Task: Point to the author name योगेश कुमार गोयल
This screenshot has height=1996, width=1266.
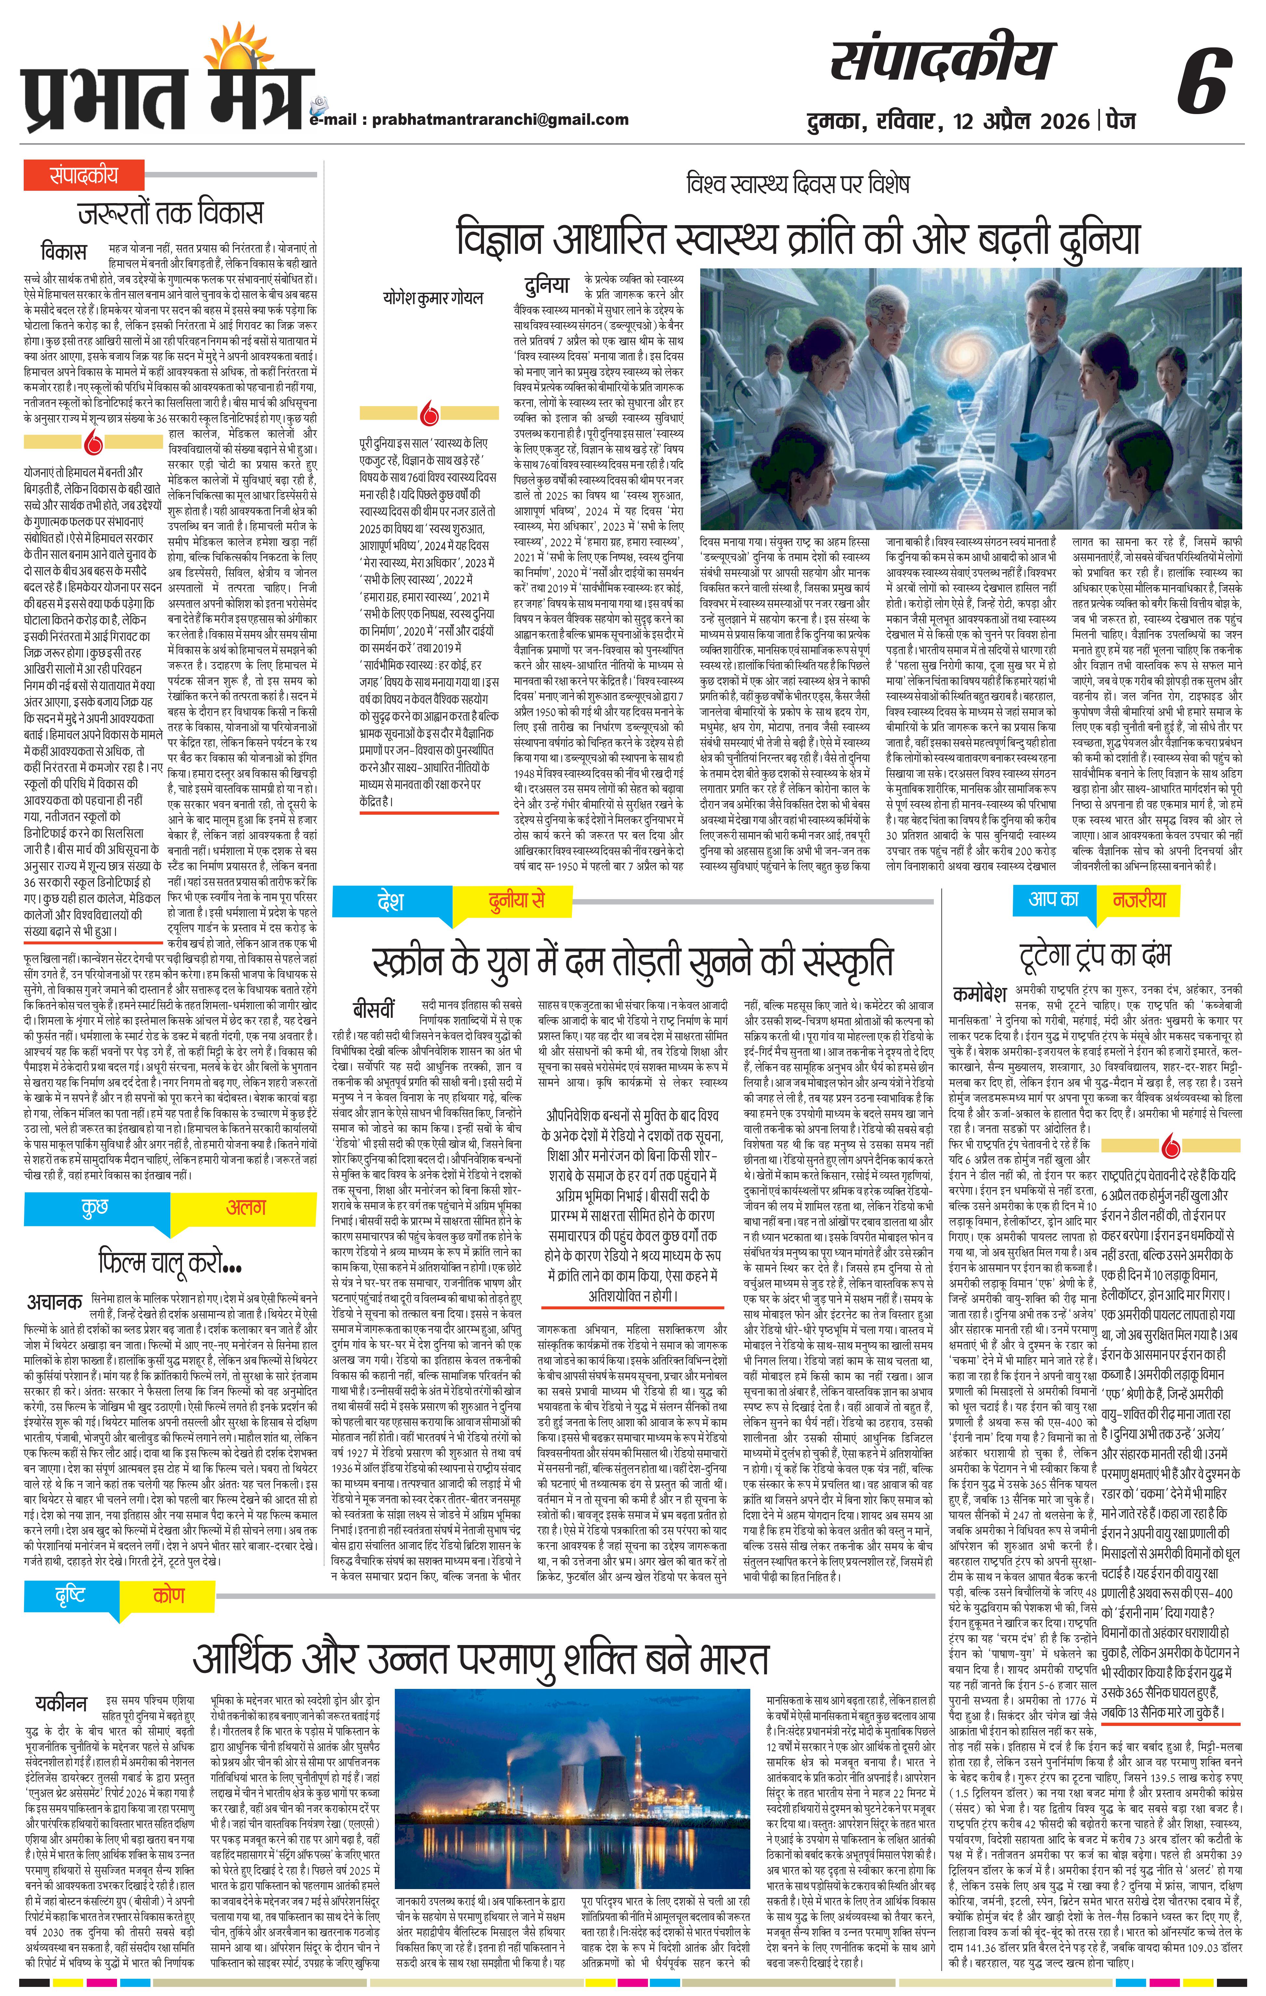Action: pyautogui.click(x=433, y=298)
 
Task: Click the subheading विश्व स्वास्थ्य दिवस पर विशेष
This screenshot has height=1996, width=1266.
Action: pyautogui.click(x=798, y=183)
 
